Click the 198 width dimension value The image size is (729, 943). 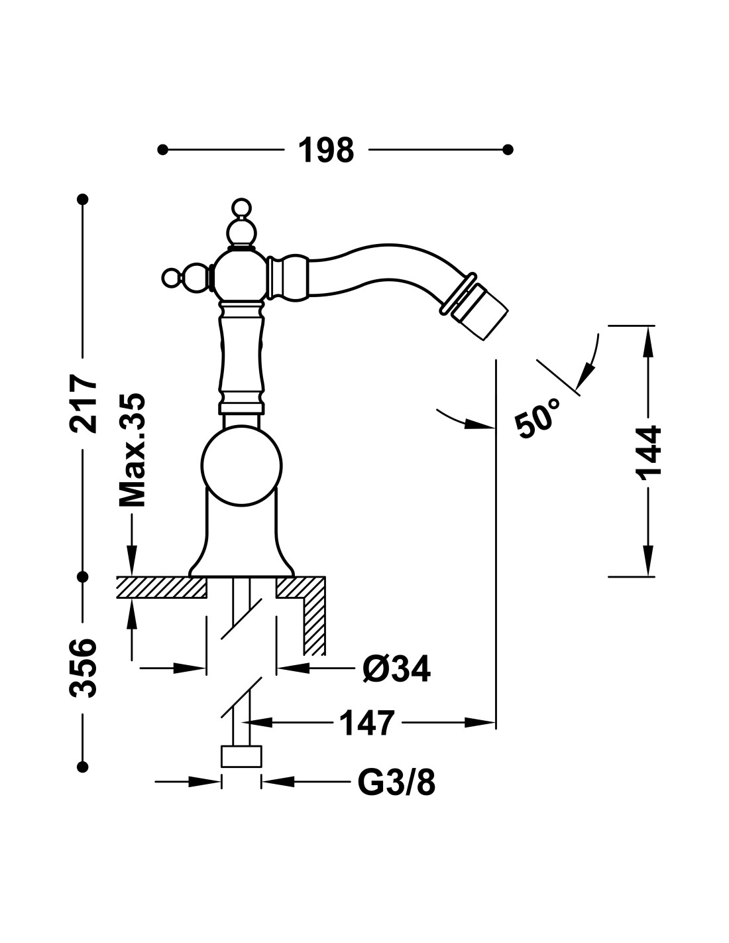(x=325, y=151)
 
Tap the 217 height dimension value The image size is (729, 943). (x=84, y=404)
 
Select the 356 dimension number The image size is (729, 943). (x=84, y=668)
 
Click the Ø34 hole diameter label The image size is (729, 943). (x=396, y=669)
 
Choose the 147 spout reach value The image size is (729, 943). (x=366, y=723)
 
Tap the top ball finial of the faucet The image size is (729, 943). (x=241, y=208)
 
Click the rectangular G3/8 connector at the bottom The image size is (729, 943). (x=241, y=757)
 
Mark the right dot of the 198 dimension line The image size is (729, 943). (x=508, y=150)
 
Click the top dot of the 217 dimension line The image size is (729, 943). (x=83, y=199)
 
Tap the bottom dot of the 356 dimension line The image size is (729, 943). (x=83, y=767)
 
